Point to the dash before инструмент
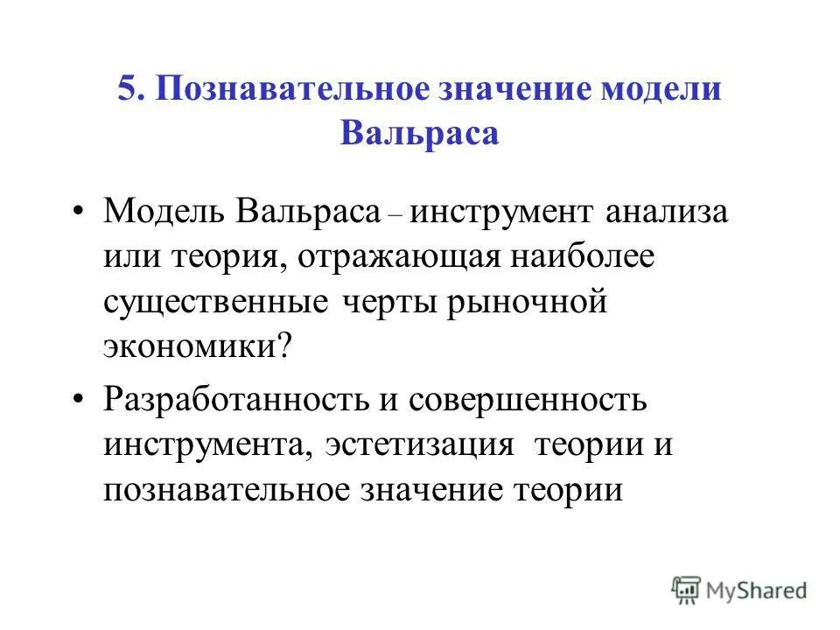click(395, 215)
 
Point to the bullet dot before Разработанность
click(80, 402)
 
